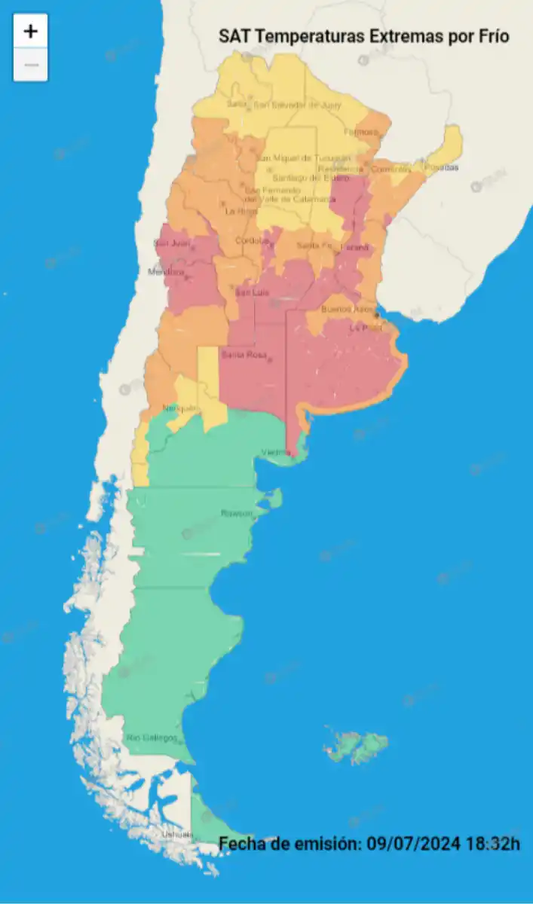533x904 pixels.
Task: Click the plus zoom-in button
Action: (31, 32)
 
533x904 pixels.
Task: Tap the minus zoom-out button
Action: (31, 65)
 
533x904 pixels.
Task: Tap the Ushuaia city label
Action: (176, 834)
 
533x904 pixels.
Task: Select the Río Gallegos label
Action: (152, 738)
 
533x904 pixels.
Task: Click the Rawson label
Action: (236, 513)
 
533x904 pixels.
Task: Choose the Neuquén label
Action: (180, 408)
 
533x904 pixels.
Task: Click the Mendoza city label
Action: (166, 272)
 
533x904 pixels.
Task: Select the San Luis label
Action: (253, 292)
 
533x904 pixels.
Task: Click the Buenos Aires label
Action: (348, 310)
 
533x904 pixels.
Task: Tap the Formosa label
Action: (360, 133)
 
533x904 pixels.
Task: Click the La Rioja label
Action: (241, 212)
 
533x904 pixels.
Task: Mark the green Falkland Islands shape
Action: (357, 745)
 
